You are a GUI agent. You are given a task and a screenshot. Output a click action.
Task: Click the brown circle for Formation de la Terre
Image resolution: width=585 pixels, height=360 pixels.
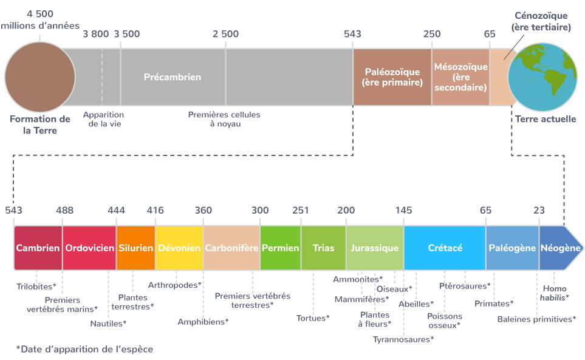40,77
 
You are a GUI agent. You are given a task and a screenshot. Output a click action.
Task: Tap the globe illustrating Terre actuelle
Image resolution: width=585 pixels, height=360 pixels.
542,77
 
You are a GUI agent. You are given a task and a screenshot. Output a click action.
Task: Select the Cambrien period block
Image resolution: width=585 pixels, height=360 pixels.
38,248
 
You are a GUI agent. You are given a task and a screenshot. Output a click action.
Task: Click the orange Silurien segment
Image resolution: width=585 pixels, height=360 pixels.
136,248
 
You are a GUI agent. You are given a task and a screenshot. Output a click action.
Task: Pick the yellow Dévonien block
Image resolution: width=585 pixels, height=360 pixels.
179,248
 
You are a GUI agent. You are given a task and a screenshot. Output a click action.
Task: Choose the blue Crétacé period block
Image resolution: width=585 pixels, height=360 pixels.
445,248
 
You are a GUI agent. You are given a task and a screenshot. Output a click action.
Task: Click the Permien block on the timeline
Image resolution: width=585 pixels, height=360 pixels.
281,248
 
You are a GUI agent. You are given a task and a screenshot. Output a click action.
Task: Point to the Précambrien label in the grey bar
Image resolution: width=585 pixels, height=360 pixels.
173,77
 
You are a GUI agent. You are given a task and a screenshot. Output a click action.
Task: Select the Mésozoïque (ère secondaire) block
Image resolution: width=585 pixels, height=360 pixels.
460,77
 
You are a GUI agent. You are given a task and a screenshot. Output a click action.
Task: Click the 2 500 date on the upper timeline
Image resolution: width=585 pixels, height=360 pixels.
226,34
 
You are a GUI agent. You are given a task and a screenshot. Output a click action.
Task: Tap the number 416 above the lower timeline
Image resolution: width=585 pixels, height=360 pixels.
155,210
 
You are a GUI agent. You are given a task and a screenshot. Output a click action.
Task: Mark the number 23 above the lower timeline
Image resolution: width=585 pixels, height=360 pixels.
539,210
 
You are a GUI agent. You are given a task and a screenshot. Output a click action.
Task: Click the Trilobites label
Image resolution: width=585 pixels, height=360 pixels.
36,287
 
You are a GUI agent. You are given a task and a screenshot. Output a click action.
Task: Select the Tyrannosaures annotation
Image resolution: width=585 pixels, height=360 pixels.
403,339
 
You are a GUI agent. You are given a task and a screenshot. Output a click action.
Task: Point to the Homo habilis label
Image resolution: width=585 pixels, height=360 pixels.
555,293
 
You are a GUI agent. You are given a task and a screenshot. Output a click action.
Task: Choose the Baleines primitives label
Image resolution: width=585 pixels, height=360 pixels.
536,319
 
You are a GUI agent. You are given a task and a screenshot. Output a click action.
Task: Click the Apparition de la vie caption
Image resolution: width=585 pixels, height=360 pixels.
104,119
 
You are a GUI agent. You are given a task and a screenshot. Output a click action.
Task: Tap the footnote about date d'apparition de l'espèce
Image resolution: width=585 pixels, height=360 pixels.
84,349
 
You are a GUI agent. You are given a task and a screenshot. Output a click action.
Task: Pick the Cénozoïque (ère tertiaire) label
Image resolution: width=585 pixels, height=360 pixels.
541,21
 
